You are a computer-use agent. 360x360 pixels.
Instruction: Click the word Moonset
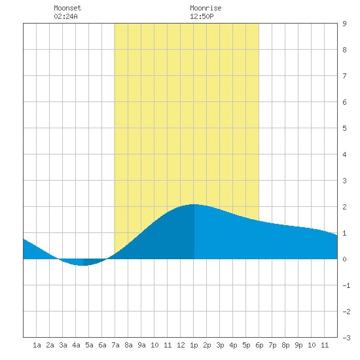(67, 8)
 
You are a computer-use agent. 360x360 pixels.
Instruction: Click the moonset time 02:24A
(65, 16)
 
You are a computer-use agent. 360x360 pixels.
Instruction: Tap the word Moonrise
(206, 8)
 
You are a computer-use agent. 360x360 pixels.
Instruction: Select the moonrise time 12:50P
(202, 16)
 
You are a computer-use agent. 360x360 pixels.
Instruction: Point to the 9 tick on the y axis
(344, 24)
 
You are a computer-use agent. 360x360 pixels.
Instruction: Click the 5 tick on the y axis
(344, 128)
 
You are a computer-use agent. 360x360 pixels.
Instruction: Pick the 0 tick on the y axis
(344, 259)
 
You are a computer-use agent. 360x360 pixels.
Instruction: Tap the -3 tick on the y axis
(346, 338)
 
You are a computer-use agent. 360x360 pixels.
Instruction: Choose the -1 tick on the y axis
(346, 285)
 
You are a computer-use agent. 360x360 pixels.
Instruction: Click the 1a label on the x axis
(37, 345)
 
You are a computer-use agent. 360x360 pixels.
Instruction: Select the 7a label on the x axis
(115, 345)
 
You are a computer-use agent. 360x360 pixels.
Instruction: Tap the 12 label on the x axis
(181, 345)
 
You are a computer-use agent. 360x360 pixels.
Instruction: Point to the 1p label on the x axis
(194, 345)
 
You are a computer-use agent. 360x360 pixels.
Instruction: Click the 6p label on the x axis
(259, 345)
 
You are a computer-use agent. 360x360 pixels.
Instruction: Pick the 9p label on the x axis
(298, 345)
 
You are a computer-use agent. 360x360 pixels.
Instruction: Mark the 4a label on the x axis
(76, 345)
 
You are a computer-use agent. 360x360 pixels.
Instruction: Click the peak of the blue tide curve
(193, 204)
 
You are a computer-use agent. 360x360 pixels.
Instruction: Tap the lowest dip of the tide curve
(82, 265)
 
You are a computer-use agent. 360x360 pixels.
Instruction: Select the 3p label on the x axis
(220, 345)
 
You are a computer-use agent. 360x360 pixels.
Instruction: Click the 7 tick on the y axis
(344, 76)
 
